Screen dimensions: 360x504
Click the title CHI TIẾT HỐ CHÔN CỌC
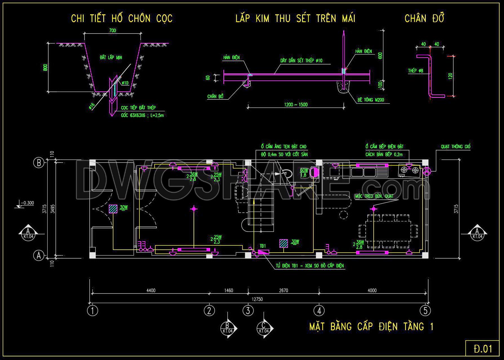point(121,19)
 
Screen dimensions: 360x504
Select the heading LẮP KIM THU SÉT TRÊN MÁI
point(295,19)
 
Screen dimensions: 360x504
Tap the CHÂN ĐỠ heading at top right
point(424,19)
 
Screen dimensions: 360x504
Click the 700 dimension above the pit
point(112,30)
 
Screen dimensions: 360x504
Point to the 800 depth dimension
point(45,68)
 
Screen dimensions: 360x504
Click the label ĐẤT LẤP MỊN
point(111,57)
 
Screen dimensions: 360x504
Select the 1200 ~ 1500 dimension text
point(296,105)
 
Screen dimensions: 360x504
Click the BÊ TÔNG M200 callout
point(370,100)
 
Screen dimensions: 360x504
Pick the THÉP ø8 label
point(416,71)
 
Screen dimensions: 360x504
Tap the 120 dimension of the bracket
point(450,76)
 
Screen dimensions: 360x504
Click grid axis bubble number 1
point(92,311)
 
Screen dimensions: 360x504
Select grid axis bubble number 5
point(425,311)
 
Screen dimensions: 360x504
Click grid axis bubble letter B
point(39,163)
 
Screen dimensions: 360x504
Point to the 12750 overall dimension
point(257,299)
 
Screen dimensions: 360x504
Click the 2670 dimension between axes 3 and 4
point(283,290)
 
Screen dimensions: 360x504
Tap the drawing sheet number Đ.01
point(483,349)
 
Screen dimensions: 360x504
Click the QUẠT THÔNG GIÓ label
point(456,147)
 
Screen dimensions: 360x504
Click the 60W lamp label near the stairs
point(304,170)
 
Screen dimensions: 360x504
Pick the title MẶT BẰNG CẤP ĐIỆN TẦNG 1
point(371,326)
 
